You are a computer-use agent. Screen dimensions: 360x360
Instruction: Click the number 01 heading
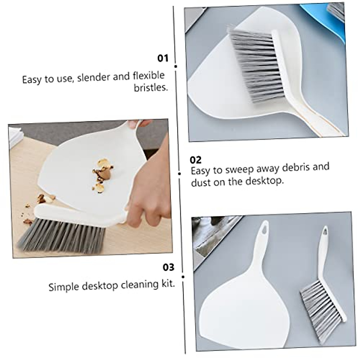pos(163,58)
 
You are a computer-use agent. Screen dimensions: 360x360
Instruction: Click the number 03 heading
pos(168,267)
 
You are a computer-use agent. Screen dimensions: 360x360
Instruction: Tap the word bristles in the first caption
pos(150,88)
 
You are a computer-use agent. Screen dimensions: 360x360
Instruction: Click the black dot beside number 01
pos(175,66)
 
